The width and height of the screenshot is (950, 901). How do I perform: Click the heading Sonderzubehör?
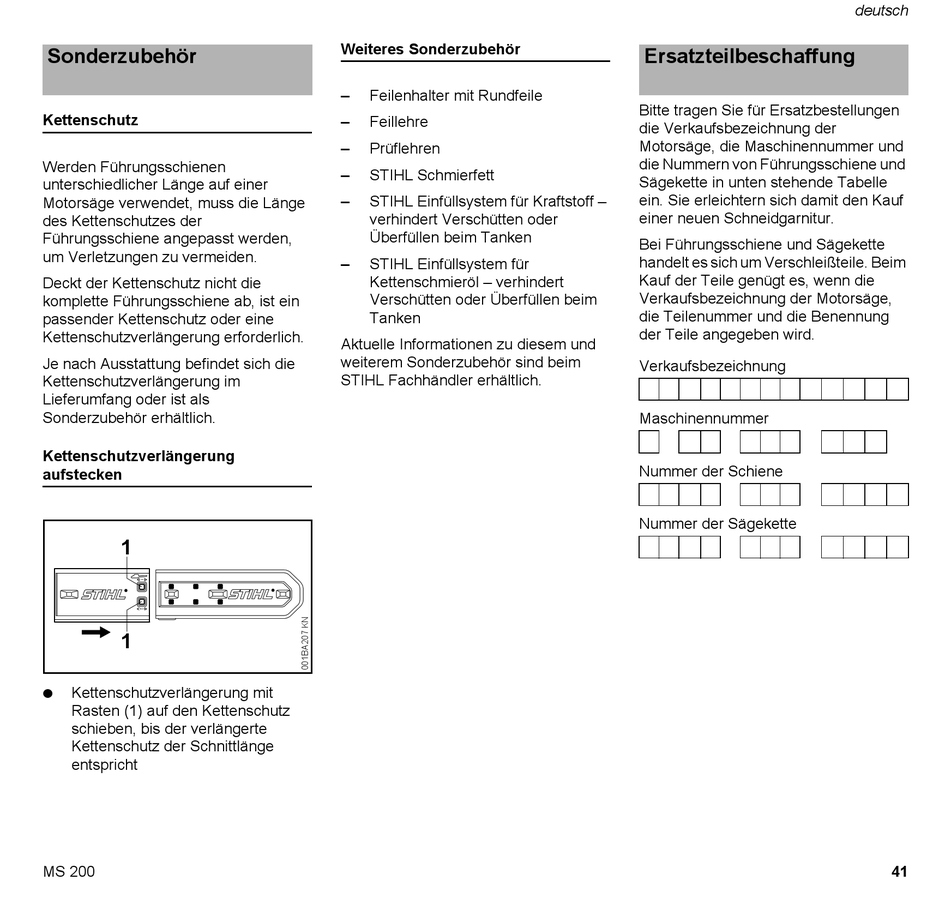pyautogui.click(x=122, y=57)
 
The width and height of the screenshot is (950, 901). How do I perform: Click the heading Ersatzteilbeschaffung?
pyautogui.click(x=749, y=57)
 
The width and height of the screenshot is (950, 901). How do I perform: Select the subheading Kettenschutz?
pyautogui.click(x=90, y=120)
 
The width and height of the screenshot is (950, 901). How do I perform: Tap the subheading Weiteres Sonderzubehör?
pyautogui.click(x=430, y=49)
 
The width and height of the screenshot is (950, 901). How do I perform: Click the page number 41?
pyautogui.click(x=899, y=871)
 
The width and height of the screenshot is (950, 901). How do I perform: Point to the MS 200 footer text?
pyautogui.click(x=69, y=871)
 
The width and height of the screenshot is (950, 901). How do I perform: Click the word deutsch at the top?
pyautogui.click(x=881, y=11)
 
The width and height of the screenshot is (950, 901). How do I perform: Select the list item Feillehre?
pyautogui.click(x=398, y=122)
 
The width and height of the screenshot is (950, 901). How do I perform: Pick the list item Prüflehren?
pyautogui.click(x=404, y=148)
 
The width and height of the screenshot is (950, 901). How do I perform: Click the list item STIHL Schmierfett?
pyautogui.click(x=431, y=175)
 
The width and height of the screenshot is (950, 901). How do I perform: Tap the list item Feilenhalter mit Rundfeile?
pyautogui.click(x=455, y=96)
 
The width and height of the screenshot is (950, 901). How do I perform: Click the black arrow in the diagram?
pyautogui.click(x=96, y=632)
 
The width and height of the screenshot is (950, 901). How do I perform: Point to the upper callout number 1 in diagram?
pyautogui.click(x=126, y=547)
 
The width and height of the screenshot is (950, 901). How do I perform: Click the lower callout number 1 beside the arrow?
pyautogui.click(x=126, y=641)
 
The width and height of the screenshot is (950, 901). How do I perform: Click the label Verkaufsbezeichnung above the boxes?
pyautogui.click(x=712, y=366)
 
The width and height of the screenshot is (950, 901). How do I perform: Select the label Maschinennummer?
pyautogui.click(x=704, y=419)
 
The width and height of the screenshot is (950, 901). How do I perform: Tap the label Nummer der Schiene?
pyautogui.click(x=710, y=471)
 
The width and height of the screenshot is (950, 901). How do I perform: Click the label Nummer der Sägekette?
pyautogui.click(x=717, y=524)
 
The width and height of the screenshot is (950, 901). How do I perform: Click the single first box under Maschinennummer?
pyautogui.click(x=649, y=442)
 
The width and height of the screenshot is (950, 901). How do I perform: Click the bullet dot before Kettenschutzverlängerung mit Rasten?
pyautogui.click(x=47, y=693)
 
